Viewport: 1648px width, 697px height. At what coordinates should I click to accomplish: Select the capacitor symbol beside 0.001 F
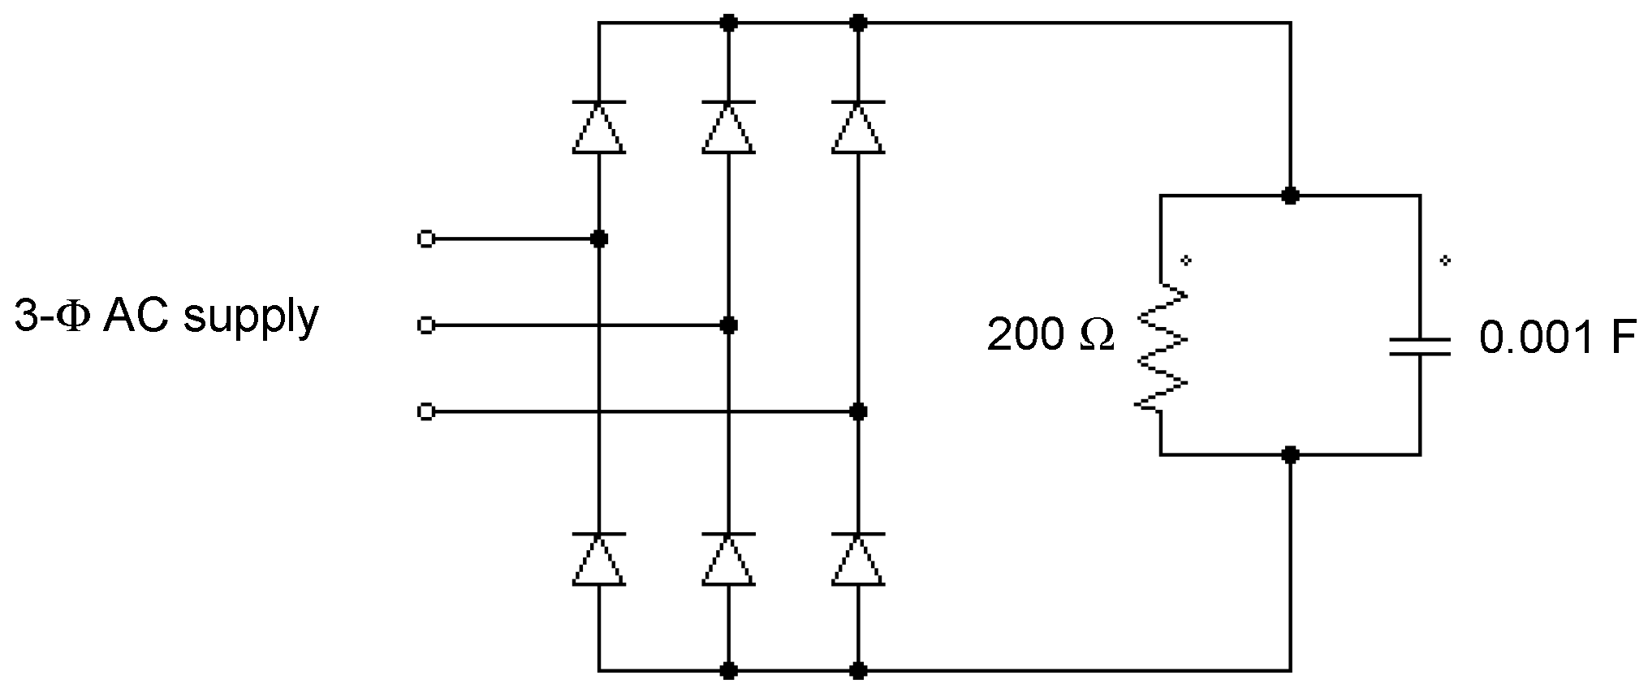pyautogui.click(x=1419, y=346)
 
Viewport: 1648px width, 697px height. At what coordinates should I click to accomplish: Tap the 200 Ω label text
pyautogui.click(x=1050, y=333)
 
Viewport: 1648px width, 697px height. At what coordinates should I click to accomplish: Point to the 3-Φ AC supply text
pyautogui.click(x=166, y=316)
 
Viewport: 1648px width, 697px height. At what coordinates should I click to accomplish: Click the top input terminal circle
pyautogui.click(x=425, y=239)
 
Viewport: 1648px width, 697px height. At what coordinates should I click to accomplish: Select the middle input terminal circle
pyautogui.click(x=425, y=325)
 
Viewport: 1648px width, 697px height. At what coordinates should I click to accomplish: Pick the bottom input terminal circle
pyautogui.click(x=425, y=412)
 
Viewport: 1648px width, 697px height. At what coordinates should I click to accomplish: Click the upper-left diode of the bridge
pyautogui.click(x=599, y=127)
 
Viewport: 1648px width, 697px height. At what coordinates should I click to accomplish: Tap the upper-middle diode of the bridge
pyautogui.click(x=729, y=127)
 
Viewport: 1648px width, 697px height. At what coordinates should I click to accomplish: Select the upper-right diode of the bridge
pyautogui.click(x=858, y=127)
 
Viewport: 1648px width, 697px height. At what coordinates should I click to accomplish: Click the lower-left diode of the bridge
pyautogui.click(x=599, y=559)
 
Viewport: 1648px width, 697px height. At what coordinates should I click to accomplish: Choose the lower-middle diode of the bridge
pyautogui.click(x=729, y=559)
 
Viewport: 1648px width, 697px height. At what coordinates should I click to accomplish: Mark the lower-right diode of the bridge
pyautogui.click(x=858, y=559)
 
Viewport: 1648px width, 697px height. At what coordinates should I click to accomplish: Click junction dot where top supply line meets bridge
pyautogui.click(x=599, y=239)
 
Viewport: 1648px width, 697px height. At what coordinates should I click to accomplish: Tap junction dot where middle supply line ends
pyautogui.click(x=729, y=325)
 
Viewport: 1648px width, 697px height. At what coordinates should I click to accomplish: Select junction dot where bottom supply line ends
pyautogui.click(x=858, y=412)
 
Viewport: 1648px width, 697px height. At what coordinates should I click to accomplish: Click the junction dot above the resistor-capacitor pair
pyautogui.click(x=1290, y=196)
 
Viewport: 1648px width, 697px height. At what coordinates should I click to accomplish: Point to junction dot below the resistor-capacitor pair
pyautogui.click(x=1290, y=454)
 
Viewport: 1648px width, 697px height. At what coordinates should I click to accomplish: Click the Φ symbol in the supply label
pyautogui.click(x=74, y=317)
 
